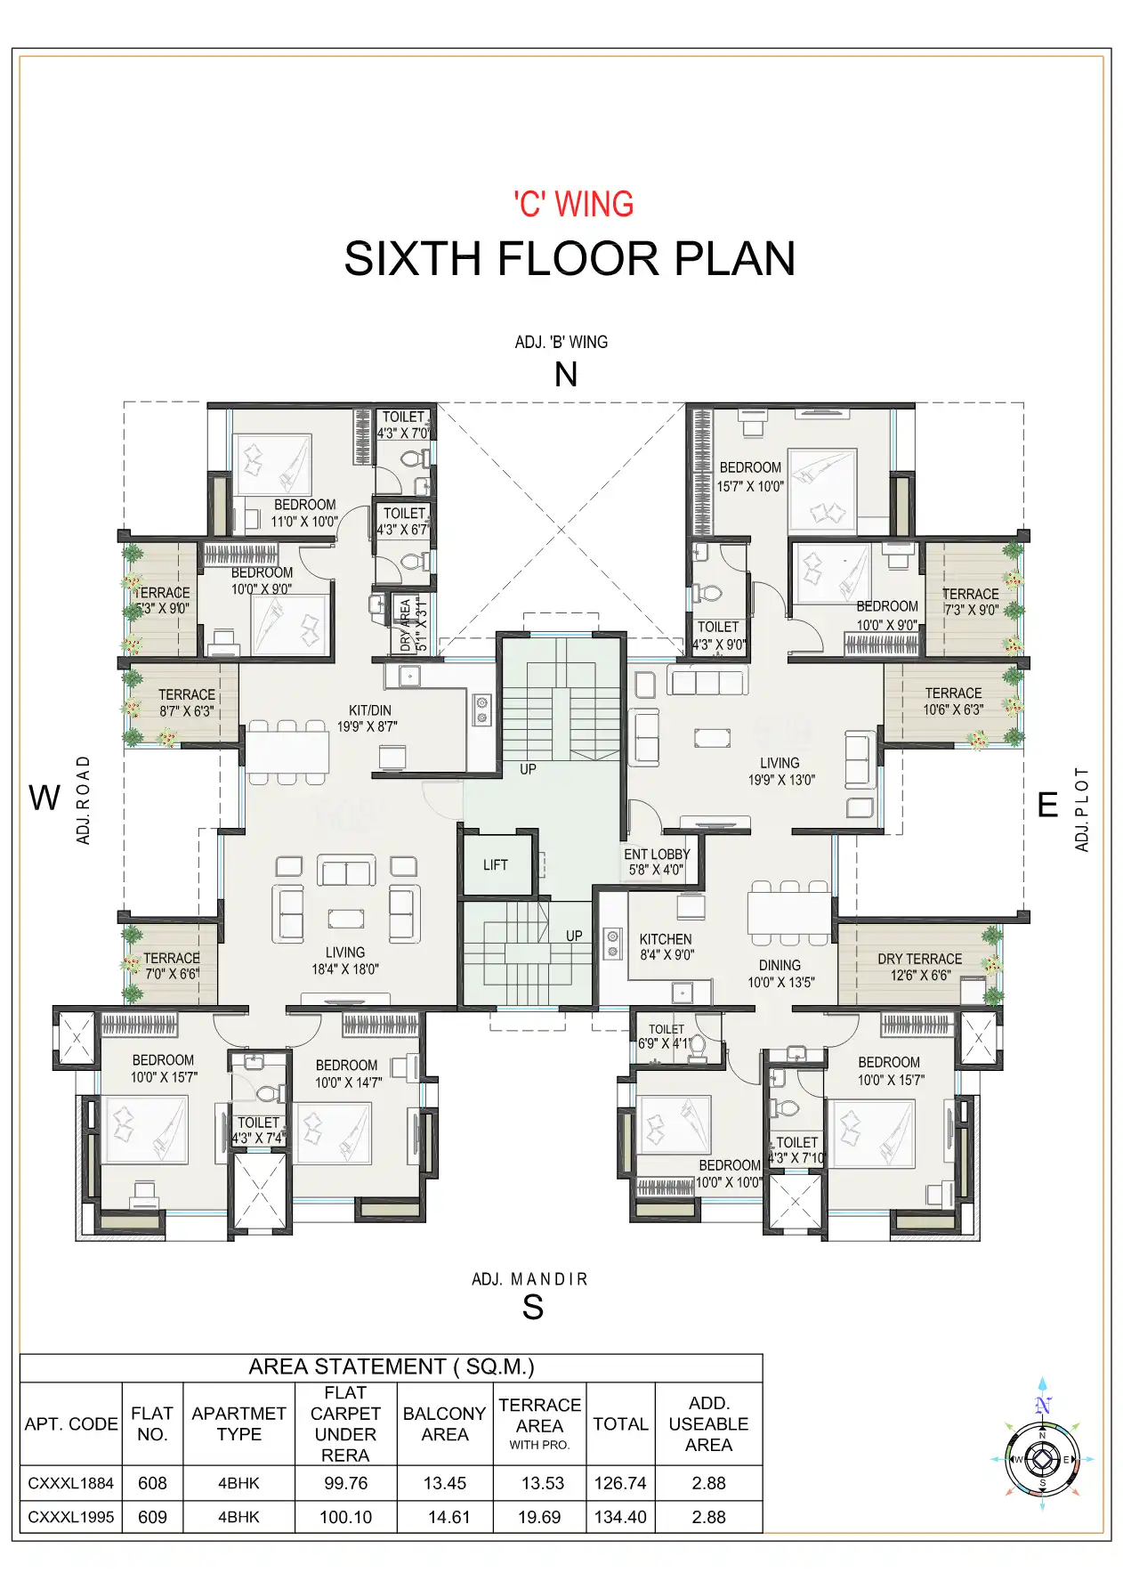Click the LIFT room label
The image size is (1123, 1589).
[x=495, y=864]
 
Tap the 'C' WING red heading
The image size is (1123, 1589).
[x=574, y=204]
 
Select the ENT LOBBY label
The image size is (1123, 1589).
[x=657, y=862]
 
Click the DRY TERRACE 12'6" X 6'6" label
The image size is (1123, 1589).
[x=919, y=967]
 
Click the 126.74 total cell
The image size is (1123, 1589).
[x=620, y=1483]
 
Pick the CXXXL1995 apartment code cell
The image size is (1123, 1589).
[x=71, y=1517]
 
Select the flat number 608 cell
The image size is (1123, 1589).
[x=152, y=1483]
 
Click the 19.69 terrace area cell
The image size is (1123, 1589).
[x=539, y=1517]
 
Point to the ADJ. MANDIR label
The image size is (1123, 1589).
[x=529, y=1279]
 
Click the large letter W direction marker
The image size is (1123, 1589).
[x=44, y=798]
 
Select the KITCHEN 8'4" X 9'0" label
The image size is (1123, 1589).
[x=666, y=947]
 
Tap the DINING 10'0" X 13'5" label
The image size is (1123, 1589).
[x=780, y=973]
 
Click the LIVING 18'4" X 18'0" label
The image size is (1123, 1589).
[x=345, y=961]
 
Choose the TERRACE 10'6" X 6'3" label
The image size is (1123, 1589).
[x=953, y=701]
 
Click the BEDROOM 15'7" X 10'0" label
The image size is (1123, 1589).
[x=750, y=476]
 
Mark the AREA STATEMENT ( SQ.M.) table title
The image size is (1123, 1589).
[x=391, y=1366]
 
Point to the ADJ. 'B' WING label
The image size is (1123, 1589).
[x=561, y=342]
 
